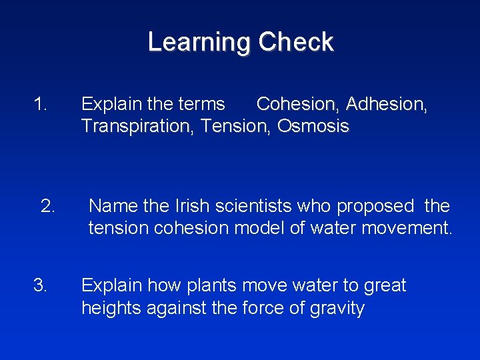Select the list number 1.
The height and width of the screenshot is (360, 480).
(x=41, y=104)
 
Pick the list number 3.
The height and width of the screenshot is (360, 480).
(x=41, y=286)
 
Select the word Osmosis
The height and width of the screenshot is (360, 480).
(x=313, y=126)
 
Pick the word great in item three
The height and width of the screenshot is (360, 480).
(x=385, y=286)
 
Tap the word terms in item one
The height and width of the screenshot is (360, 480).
(x=202, y=104)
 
